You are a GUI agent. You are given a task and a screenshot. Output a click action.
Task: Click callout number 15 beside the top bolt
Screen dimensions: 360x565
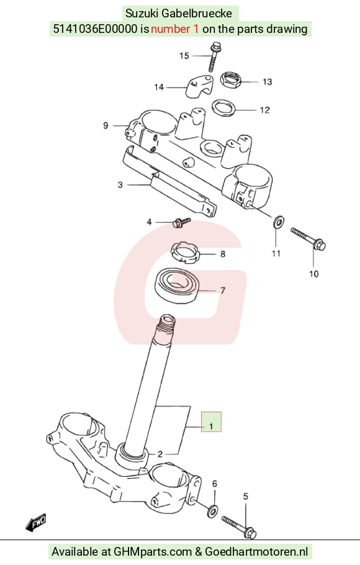point(184,56)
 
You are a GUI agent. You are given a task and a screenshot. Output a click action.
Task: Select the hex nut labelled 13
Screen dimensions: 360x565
point(231,80)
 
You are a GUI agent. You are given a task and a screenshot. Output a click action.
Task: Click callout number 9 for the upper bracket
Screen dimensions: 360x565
point(106,125)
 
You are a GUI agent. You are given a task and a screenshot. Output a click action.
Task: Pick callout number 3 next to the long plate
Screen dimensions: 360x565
point(120,185)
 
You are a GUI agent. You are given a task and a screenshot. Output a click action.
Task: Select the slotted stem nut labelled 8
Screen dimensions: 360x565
point(185,253)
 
